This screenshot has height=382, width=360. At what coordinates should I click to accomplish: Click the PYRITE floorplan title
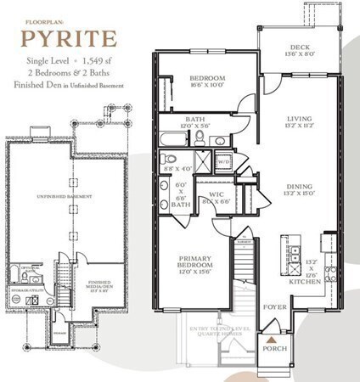[x=70, y=39]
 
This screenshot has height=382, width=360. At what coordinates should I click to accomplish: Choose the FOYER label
[x=271, y=298]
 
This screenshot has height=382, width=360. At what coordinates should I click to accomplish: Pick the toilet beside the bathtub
[x=199, y=137]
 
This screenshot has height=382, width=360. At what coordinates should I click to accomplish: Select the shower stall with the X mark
[x=205, y=160]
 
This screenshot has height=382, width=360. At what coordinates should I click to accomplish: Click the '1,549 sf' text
[x=98, y=62]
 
